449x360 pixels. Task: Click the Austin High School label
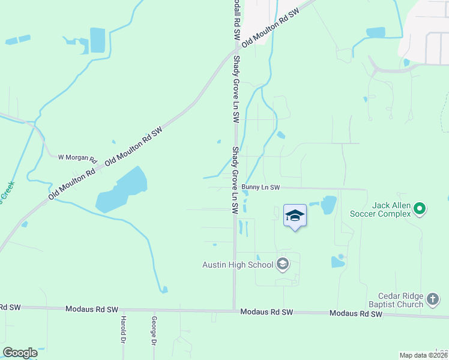(238, 265)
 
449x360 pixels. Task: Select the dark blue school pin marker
(295, 216)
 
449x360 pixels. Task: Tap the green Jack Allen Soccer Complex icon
(420, 209)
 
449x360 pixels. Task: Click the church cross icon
(432, 299)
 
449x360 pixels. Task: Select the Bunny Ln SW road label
(261, 187)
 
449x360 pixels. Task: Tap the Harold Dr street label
(122, 329)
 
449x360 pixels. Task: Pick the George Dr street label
(154, 331)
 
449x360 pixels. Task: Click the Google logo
(20, 353)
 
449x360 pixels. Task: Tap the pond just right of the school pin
(328, 205)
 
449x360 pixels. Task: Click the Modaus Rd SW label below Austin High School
(266, 313)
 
